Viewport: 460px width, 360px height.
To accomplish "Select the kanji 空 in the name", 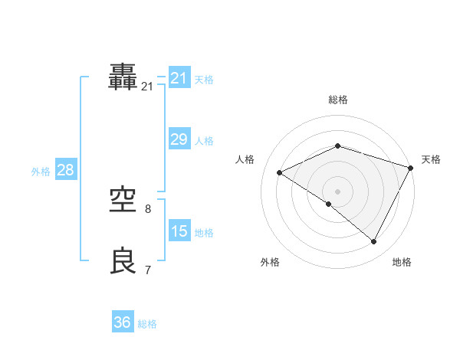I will [x=124, y=201].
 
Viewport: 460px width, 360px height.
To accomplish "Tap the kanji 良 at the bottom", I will [x=124, y=261].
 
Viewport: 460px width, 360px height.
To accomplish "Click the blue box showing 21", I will [x=179, y=78].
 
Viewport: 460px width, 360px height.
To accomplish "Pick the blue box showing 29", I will [x=179, y=139].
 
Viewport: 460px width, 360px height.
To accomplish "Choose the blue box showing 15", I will [x=179, y=231].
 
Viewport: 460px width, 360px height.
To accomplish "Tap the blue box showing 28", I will [x=65, y=170].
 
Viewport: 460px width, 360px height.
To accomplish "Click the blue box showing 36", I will [x=123, y=322].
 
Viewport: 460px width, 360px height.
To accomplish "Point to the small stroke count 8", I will [x=148, y=208].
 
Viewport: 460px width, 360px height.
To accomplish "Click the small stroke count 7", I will [x=148, y=270].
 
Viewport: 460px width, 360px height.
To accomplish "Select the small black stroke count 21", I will [x=147, y=87].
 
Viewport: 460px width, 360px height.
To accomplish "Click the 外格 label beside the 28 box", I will [x=41, y=172].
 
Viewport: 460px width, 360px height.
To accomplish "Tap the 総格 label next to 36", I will [x=147, y=324].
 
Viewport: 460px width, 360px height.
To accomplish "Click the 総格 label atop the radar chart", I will [x=338, y=100].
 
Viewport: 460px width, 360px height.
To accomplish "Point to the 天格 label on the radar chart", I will [x=431, y=159].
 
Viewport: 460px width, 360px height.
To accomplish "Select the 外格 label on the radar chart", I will [x=270, y=262].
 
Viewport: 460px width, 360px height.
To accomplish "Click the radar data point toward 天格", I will [x=412, y=168].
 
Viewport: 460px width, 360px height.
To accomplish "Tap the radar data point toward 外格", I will [x=329, y=204].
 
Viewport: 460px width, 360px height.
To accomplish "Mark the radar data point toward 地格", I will [x=374, y=242].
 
